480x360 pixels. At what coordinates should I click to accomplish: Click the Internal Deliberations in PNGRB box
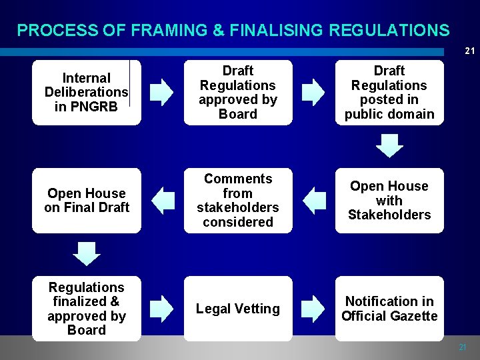click(87, 92)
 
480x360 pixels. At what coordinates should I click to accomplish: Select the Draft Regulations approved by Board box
click(238, 92)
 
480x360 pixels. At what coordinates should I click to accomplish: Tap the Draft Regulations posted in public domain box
click(389, 92)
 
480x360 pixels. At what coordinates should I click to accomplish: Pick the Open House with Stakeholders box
click(389, 200)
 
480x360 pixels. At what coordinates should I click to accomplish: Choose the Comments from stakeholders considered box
click(238, 200)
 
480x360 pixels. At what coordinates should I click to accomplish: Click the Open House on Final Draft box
click(87, 200)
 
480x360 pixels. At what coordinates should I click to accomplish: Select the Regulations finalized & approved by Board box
click(87, 308)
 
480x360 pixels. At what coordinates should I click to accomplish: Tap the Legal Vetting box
click(238, 308)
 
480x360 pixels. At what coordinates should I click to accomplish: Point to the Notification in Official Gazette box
click(389, 308)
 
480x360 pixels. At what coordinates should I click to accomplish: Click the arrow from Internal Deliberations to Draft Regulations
click(161, 93)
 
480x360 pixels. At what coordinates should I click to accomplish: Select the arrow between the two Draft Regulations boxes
click(313, 93)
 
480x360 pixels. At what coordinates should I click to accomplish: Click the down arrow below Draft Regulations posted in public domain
click(389, 145)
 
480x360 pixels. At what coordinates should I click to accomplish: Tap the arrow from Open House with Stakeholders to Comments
click(313, 201)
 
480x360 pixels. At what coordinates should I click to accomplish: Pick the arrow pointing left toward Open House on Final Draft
click(162, 201)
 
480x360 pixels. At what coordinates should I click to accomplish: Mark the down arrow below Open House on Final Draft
click(87, 254)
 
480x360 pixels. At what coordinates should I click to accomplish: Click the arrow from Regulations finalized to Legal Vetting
click(161, 309)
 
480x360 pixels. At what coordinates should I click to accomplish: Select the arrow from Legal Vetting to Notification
click(313, 309)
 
